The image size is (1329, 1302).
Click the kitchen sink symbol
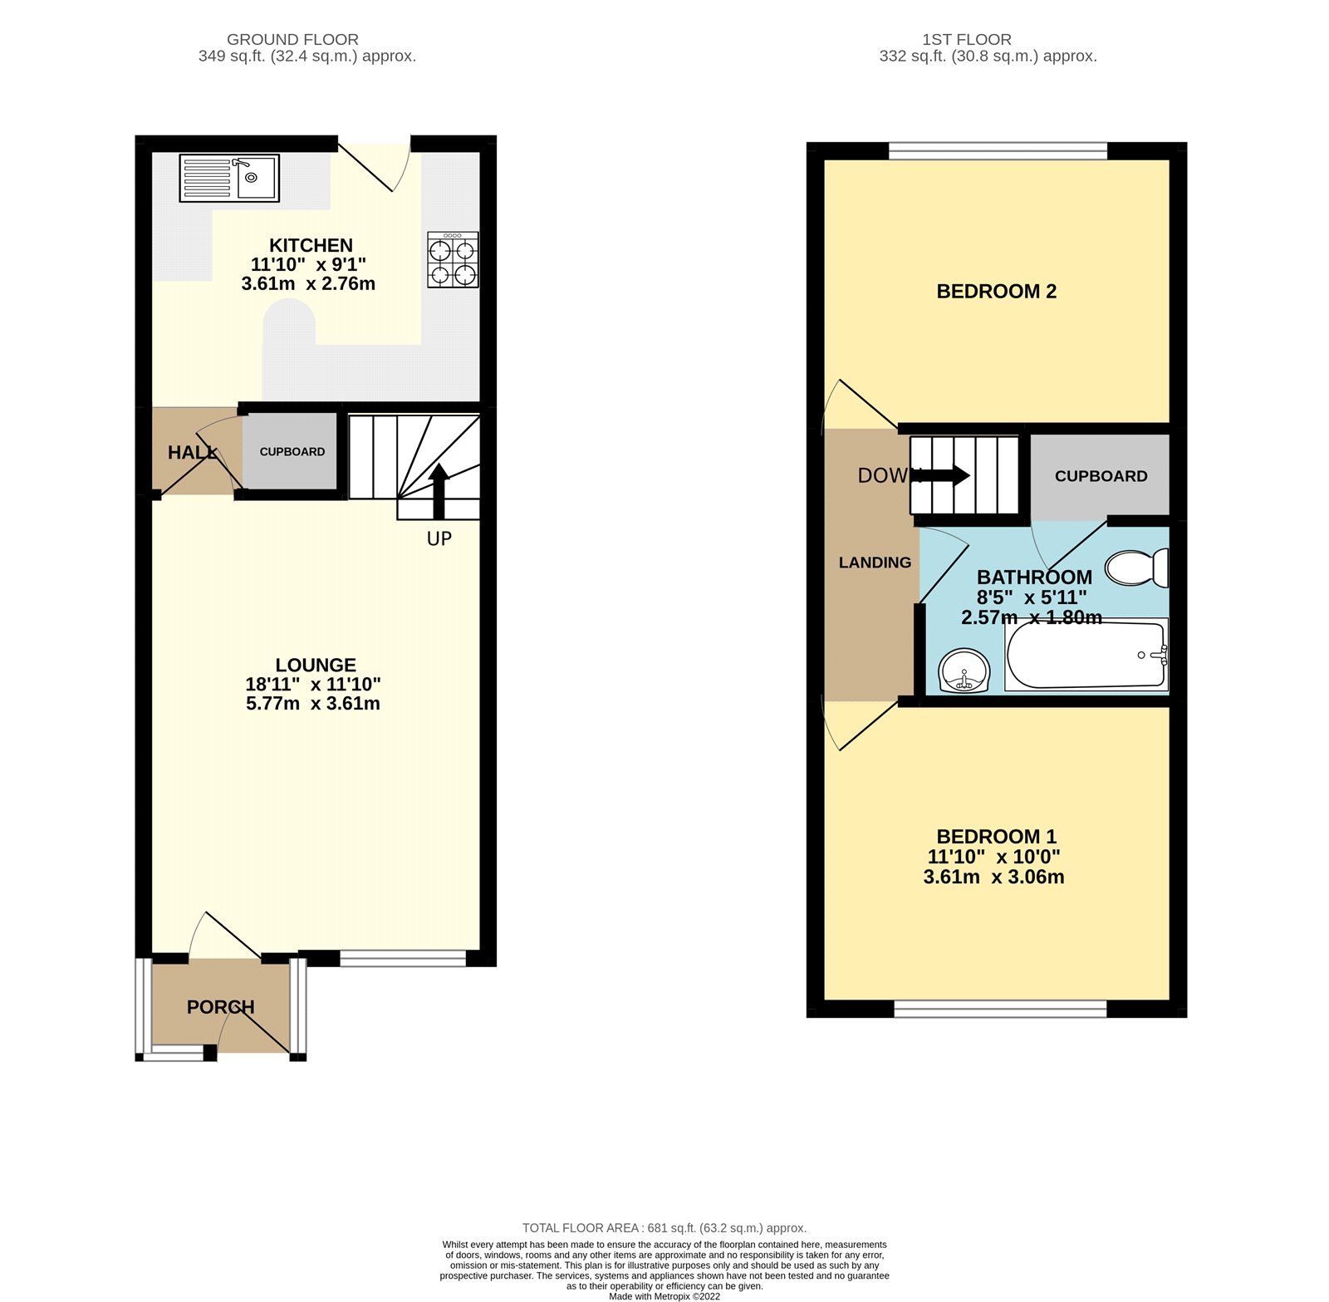[229, 178]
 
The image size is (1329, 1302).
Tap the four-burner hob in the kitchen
[453, 260]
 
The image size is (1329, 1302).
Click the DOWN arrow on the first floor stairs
[947, 475]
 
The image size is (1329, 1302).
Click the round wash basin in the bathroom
[964, 671]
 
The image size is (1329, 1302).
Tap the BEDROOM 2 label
[996, 292]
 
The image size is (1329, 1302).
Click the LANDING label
[875, 563]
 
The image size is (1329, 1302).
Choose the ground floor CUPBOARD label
[292, 452]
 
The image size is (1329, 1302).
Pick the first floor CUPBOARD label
[1101, 476]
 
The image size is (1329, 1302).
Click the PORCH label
[220, 1007]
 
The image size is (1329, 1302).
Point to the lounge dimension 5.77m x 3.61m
[313, 704]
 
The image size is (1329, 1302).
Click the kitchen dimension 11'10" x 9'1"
[308, 265]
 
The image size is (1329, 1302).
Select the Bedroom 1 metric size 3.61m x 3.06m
[993, 877]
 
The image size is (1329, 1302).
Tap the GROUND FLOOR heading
[292, 39]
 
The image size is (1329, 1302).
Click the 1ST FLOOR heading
[966, 39]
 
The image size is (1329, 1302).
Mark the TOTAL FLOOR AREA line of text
[664, 1228]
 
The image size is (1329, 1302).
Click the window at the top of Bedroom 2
[998, 150]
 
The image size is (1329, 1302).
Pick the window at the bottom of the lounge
[403, 958]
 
